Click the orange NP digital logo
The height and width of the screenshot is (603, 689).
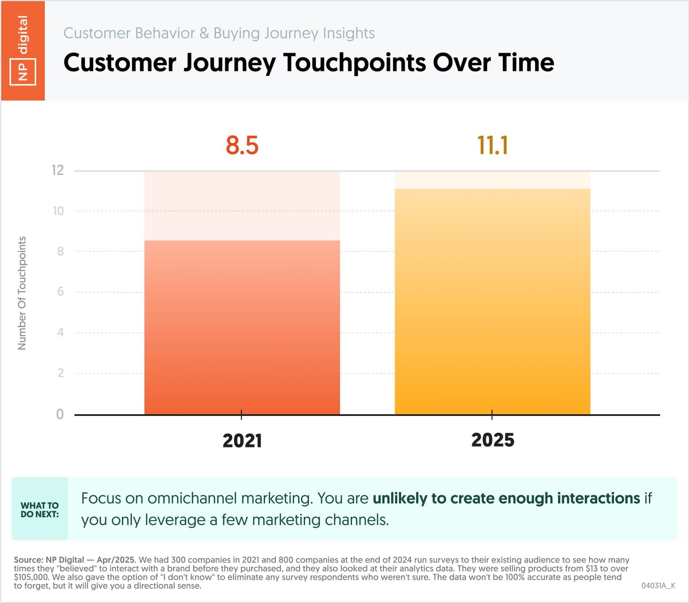(x=23, y=50)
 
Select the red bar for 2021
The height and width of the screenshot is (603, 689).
(x=242, y=328)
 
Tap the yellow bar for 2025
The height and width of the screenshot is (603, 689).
(x=492, y=302)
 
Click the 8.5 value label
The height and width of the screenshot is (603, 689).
(x=242, y=145)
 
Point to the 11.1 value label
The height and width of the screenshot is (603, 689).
(x=492, y=145)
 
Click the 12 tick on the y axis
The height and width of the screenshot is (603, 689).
(x=58, y=170)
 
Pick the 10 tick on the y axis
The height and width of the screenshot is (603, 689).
(x=58, y=211)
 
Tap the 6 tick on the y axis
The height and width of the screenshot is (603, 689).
(x=61, y=292)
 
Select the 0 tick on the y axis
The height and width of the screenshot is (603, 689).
(x=60, y=414)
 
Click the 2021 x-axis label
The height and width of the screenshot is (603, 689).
(x=242, y=441)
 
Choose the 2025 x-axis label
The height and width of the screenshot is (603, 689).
(x=492, y=440)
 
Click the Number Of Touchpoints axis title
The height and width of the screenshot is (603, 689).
(x=22, y=293)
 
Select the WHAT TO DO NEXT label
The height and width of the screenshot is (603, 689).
(x=40, y=509)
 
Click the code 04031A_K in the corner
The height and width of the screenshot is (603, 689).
(x=658, y=585)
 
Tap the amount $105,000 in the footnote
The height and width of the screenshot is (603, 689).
(x=31, y=577)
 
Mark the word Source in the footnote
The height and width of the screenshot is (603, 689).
(x=28, y=560)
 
